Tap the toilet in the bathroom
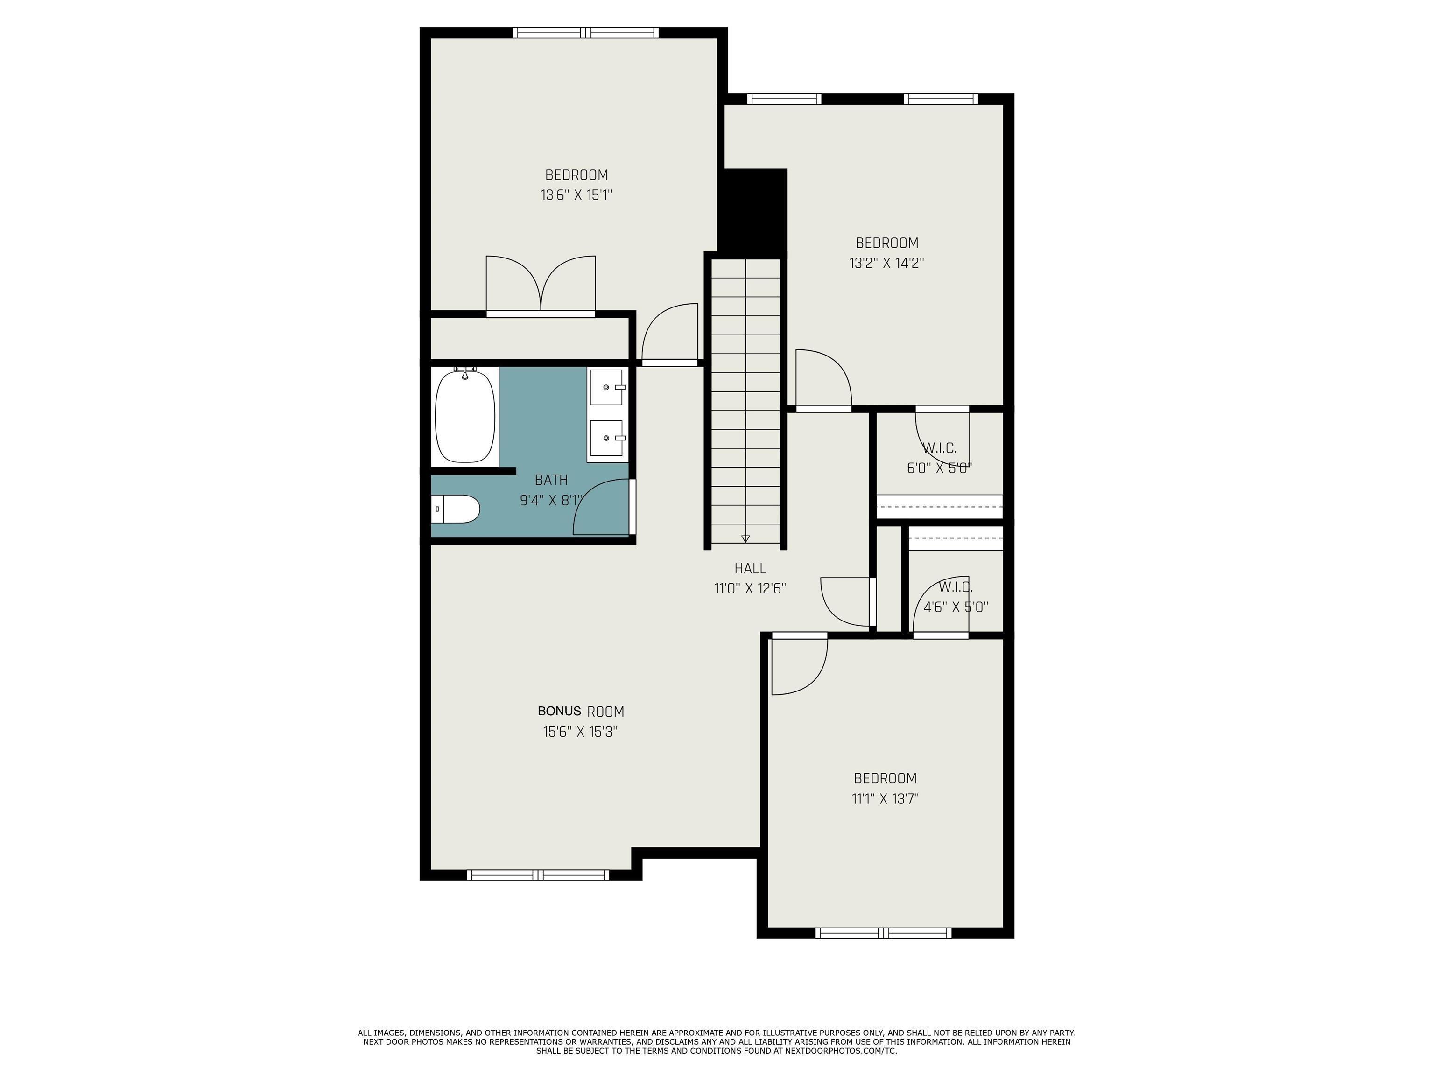(x=455, y=509)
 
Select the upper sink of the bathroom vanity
(x=607, y=387)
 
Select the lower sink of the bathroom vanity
(x=607, y=438)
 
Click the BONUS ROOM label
(x=581, y=712)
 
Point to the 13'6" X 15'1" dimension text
(x=576, y=195)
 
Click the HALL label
(x=750, y=568)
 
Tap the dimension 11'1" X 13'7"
(x=886, y=798)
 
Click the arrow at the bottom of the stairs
(x=745, y=538)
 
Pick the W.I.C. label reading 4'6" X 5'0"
(x=956, y=597)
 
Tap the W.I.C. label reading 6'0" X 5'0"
(x=939, y=457)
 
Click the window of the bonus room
(x=538, y=875)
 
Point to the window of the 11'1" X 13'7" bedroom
(x=884, y=933)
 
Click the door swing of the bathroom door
(x=602, y=507)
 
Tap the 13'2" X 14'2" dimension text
(x=887, y=263)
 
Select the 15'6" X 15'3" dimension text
(x=580, y=732)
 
